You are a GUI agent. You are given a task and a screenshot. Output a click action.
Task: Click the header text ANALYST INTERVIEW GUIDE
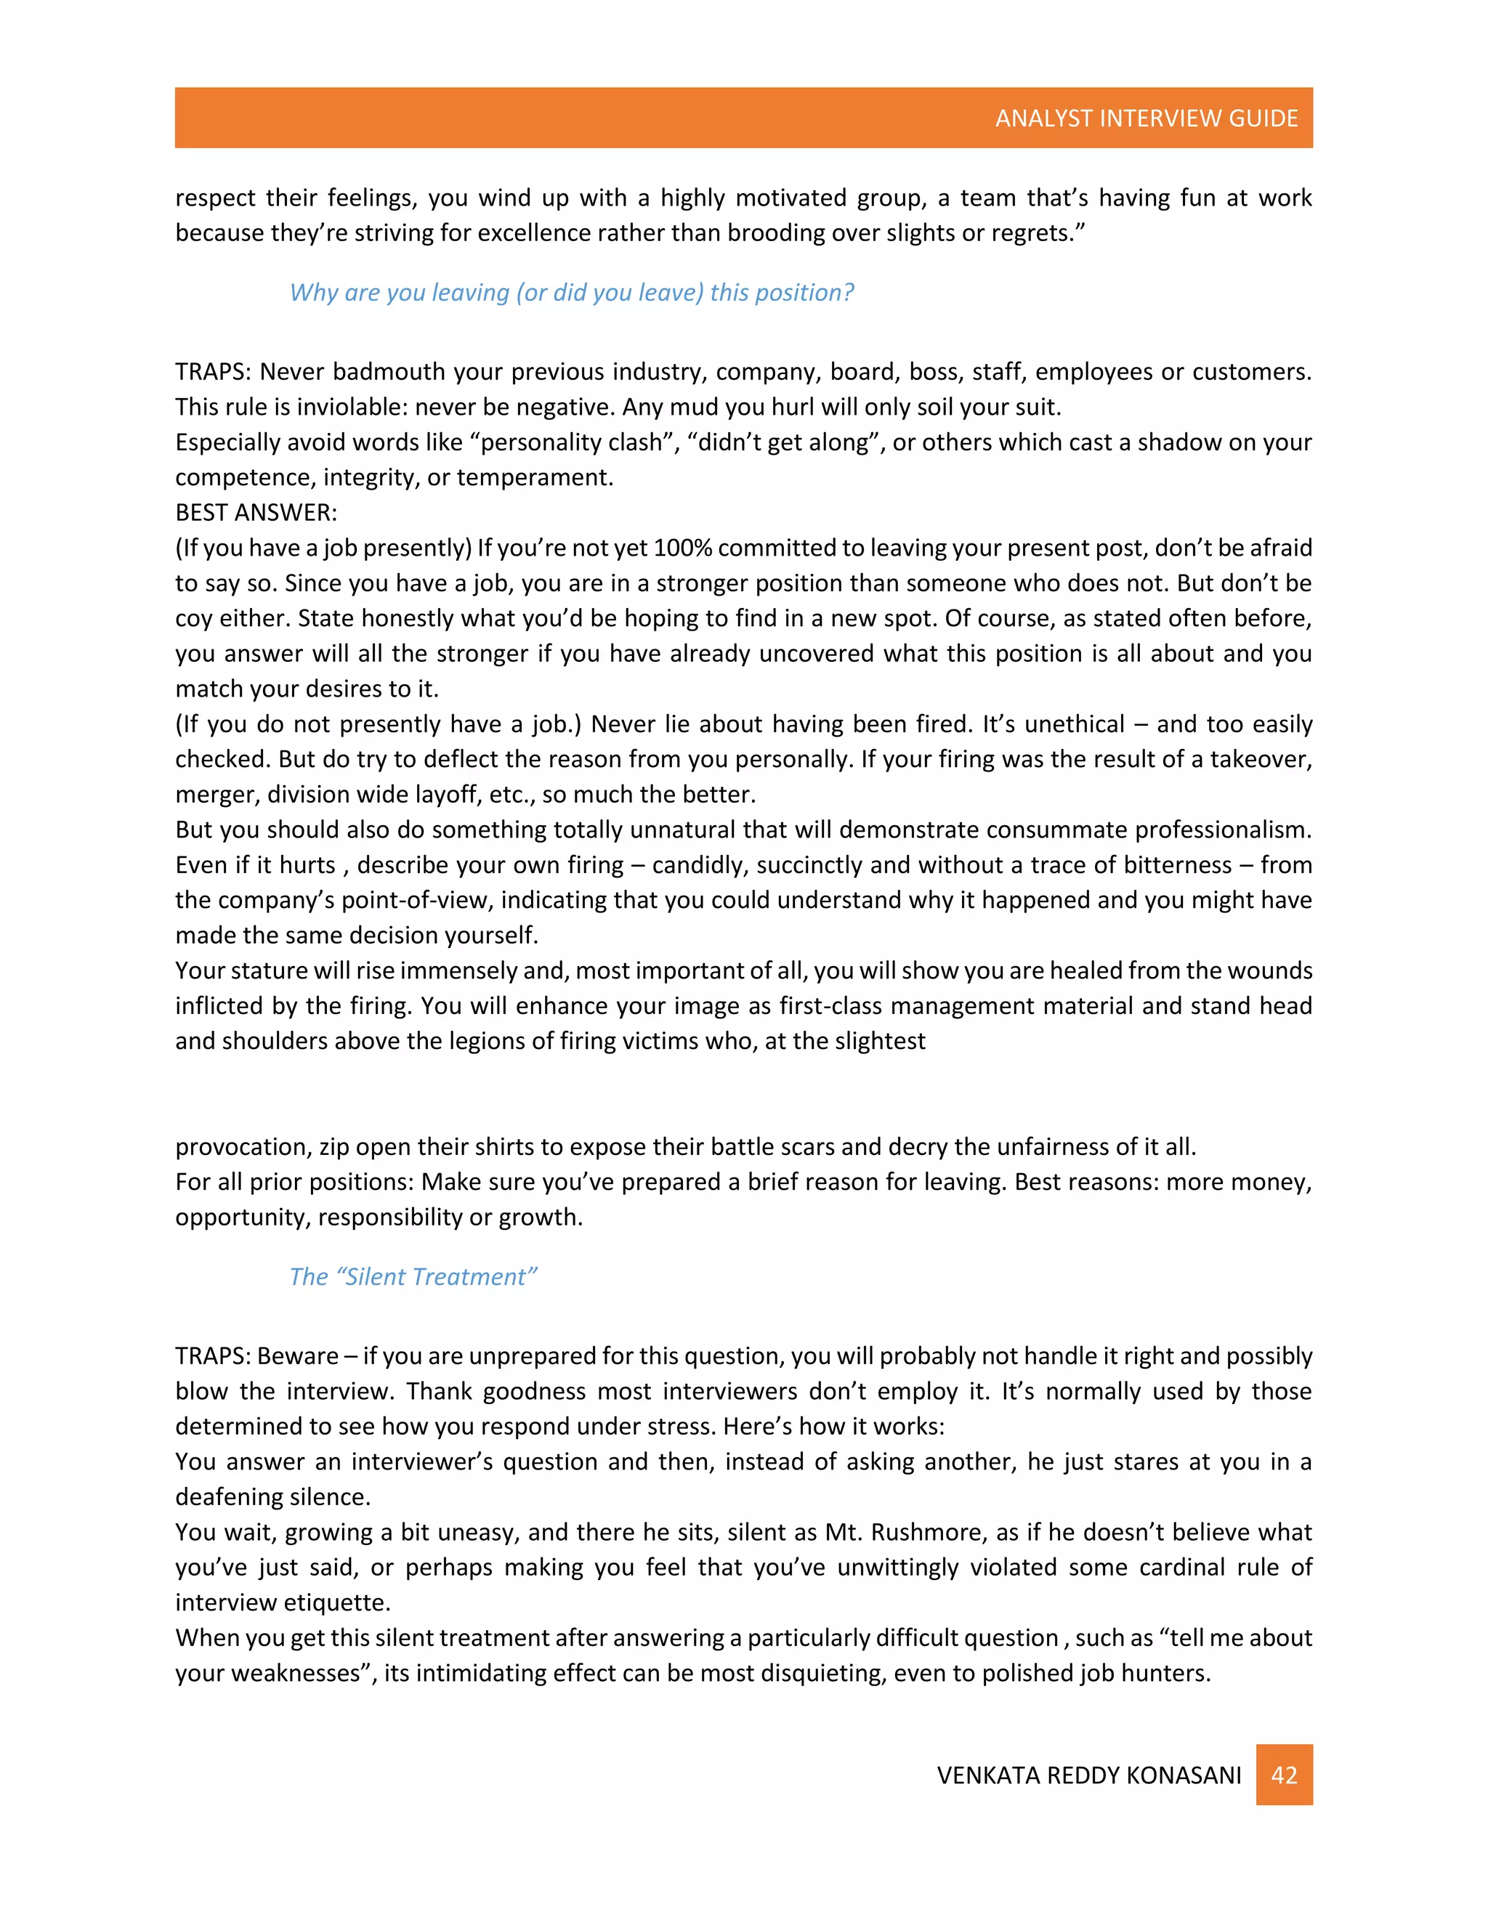click(1146, 118)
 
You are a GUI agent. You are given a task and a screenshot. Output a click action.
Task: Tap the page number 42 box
click(1284, 1775)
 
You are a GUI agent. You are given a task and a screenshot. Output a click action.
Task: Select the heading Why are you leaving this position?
click(571, 292)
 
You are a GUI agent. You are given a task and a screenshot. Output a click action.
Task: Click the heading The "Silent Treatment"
click(413, 1276)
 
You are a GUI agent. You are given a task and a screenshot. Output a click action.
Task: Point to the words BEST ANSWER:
click(256, 512)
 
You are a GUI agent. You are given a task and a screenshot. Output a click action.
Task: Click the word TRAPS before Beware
click(212, 1355)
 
